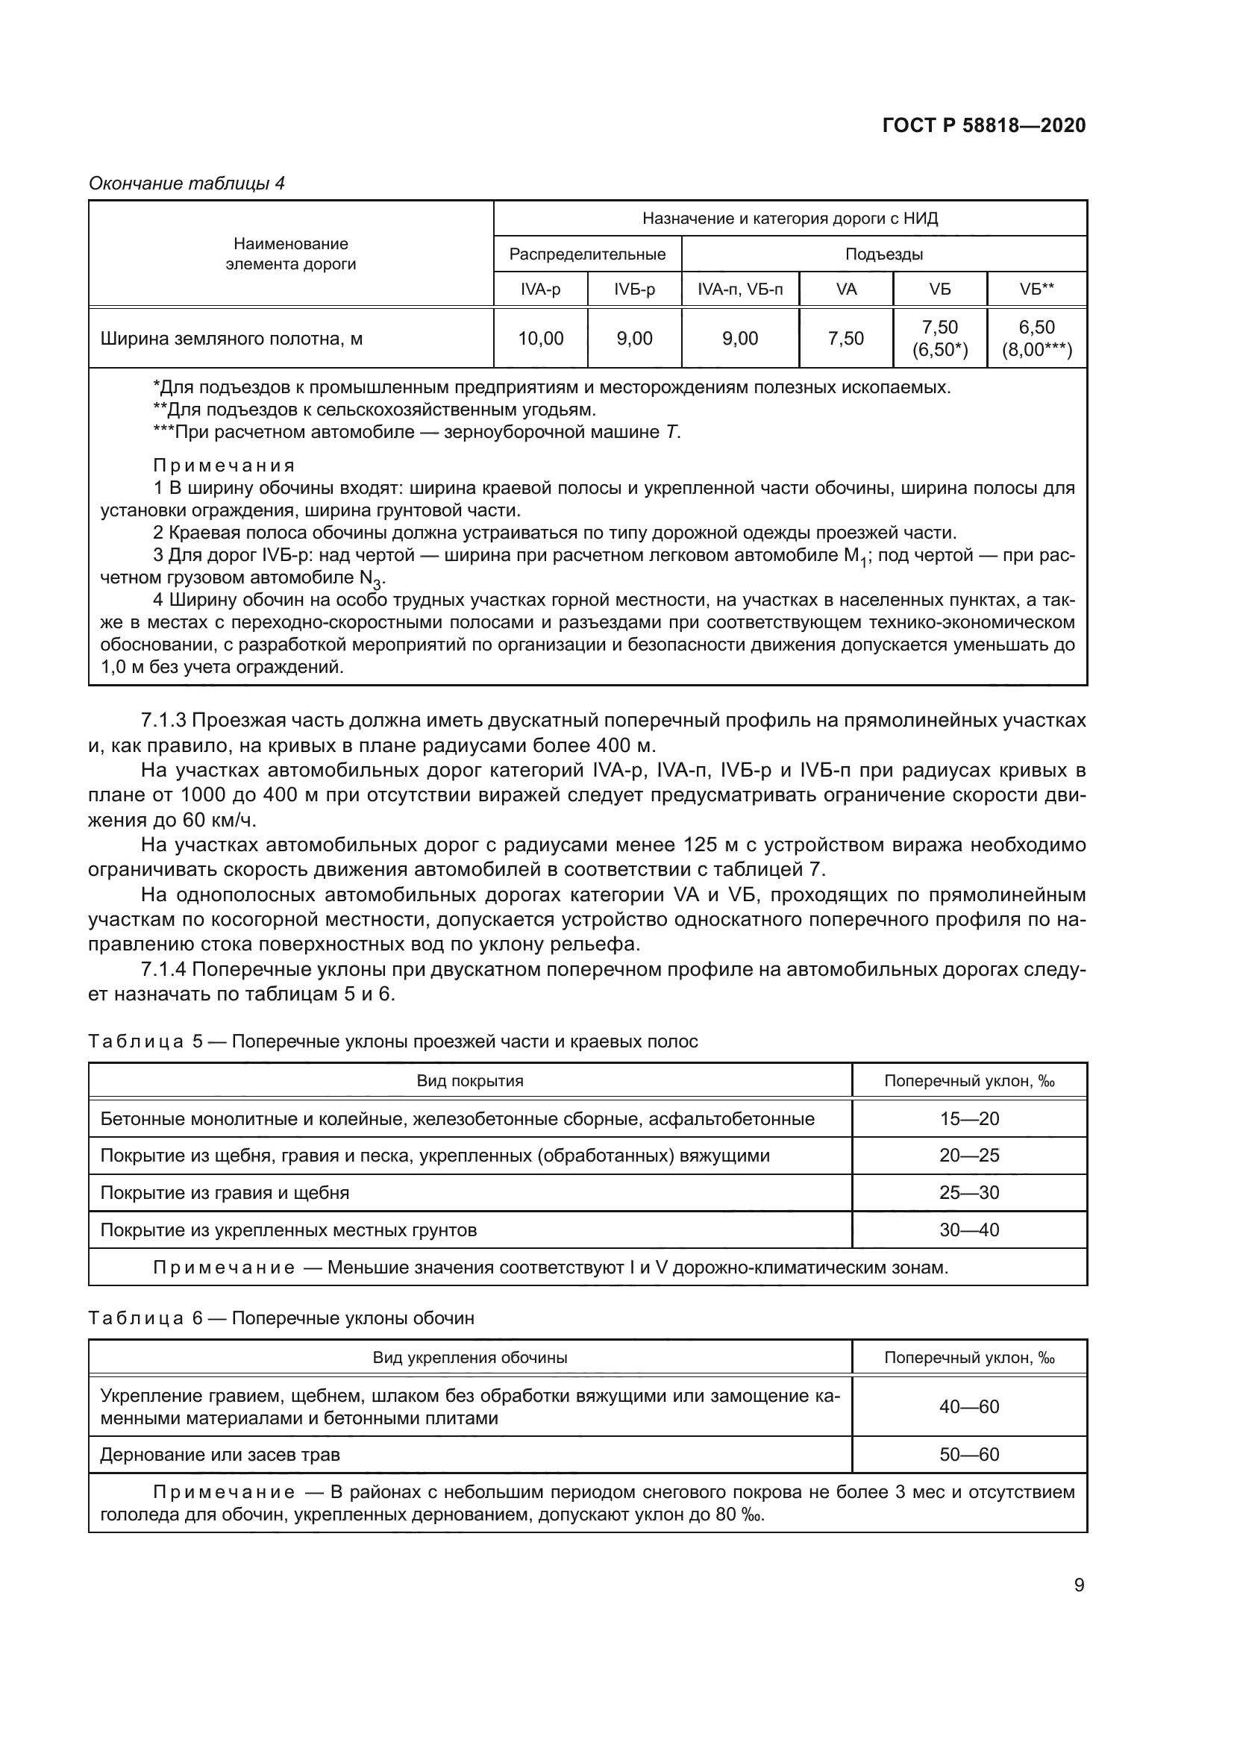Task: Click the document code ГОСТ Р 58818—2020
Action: pyautogui.click(x=984, y=125)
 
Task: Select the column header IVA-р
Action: pyautogui.click(x=540, y=289)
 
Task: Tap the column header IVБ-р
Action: pyautogui.click(x=634, y=289)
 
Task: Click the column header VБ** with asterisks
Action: pyautogui.click(x=1036, y=289)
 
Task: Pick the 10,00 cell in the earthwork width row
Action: pyautogui.click(x=540, y=338)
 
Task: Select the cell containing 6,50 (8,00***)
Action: pyautogui.click(x=1036, y=338)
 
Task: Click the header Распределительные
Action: pyautogui.click(x=587, y=254)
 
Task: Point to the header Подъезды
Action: pyautogui.click(x=883, y=254)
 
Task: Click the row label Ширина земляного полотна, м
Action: pyautogui.click(x=231, y=338)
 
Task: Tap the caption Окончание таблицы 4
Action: pyautogui.click(x=187, y=184)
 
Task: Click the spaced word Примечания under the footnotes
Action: pyautogui.click(x=223, y=465)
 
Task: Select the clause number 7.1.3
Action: pyautogui.click(x=163, y=720)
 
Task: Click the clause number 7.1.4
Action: pyautogui.click(x=163, y=969)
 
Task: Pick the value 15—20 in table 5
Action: pyautogui.click(x=969, y=1119)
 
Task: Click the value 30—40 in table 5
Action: pyautogui.click(x=969, y=1229)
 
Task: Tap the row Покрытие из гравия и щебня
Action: pyautogui.click(x=225, y=1192)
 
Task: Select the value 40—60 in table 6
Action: pyautogui.click(x=969, y=1407)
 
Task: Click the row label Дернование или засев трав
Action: pyautogui.click(x=219, y=1455)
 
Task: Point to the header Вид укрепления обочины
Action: pyautogui.click(x=469, y=1357)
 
